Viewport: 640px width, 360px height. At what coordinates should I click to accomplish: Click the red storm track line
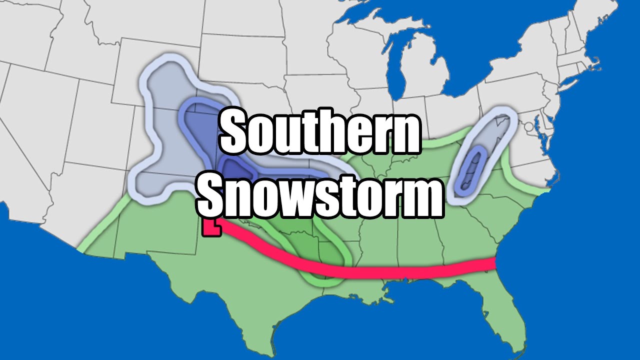tap(400, 273)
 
